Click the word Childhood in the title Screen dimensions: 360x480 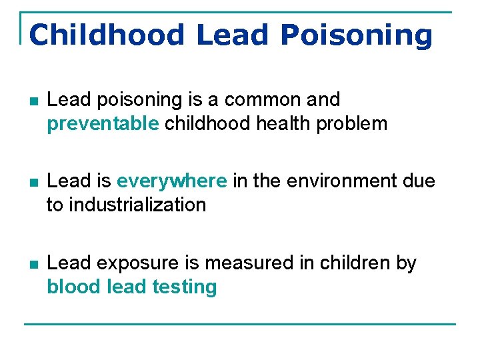click(106, 35)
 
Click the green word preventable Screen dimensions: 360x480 click(103, 123)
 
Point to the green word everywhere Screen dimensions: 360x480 click(172, 181)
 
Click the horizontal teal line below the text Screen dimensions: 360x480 click(240, 324)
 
